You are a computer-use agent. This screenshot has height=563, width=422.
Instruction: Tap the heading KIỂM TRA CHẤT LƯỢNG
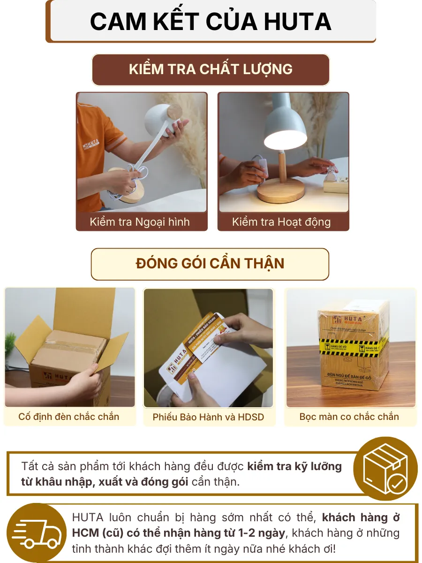coord(211,69)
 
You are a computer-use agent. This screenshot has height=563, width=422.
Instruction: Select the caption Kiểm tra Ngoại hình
coord(140,222)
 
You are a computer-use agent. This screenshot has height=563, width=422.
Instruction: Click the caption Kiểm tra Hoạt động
coord(281,222)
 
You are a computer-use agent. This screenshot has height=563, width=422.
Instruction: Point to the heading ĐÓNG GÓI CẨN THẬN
coord(210,263)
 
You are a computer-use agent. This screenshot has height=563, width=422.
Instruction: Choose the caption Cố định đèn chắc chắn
coord(69,417)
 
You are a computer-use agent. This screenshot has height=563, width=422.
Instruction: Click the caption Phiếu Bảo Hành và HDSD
coord(208,417)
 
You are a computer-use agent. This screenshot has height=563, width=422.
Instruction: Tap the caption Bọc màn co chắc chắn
coord(349,417)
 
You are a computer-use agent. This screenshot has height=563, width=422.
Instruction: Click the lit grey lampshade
coord(285,125)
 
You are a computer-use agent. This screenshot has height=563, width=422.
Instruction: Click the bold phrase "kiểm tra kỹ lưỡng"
coord(294,467)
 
